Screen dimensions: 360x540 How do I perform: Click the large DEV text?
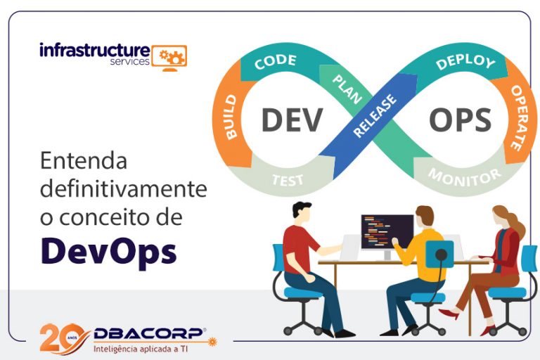(291, 120)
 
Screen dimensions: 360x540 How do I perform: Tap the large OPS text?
(460, 120)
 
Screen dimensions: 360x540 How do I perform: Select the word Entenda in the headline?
(84, 162)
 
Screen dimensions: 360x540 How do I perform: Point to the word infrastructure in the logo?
(94, 50)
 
